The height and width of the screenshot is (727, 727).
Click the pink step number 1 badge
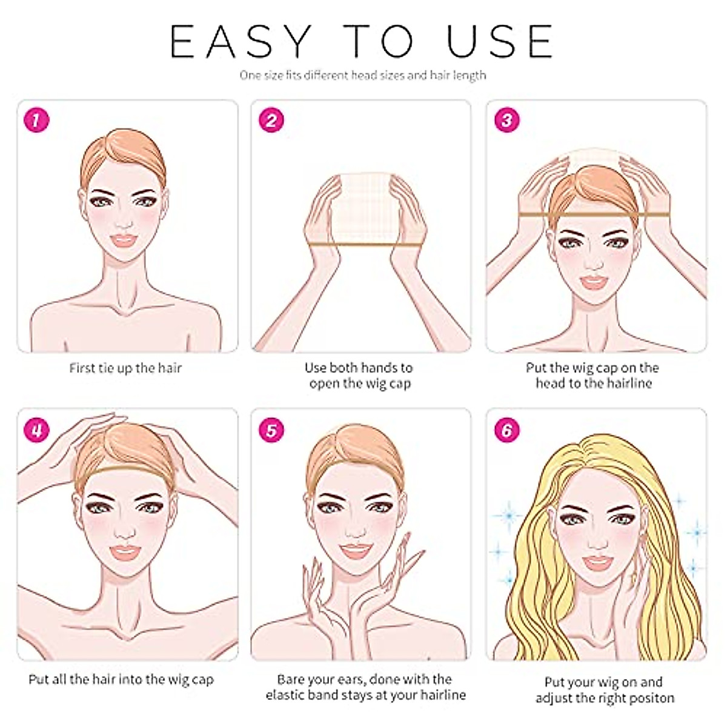tap(36, 121)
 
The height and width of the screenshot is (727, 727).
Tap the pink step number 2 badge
tap(271, 121)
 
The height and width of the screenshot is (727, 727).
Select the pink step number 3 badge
tap(506, 121)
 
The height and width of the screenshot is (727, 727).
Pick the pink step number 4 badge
tap(36, 430)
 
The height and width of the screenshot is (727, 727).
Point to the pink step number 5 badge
tap(271, 430)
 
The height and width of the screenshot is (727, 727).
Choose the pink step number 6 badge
tap(506, 430)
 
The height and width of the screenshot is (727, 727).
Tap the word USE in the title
tap(500, 42)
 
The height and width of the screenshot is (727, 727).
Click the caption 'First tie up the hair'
tap(125, 368)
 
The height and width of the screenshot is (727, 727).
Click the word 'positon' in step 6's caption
tap(651, 698)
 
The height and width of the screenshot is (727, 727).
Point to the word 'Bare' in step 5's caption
tap(291, 679)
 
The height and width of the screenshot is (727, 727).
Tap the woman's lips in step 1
tap(124, 240)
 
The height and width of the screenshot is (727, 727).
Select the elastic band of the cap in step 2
tap(365, 245)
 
